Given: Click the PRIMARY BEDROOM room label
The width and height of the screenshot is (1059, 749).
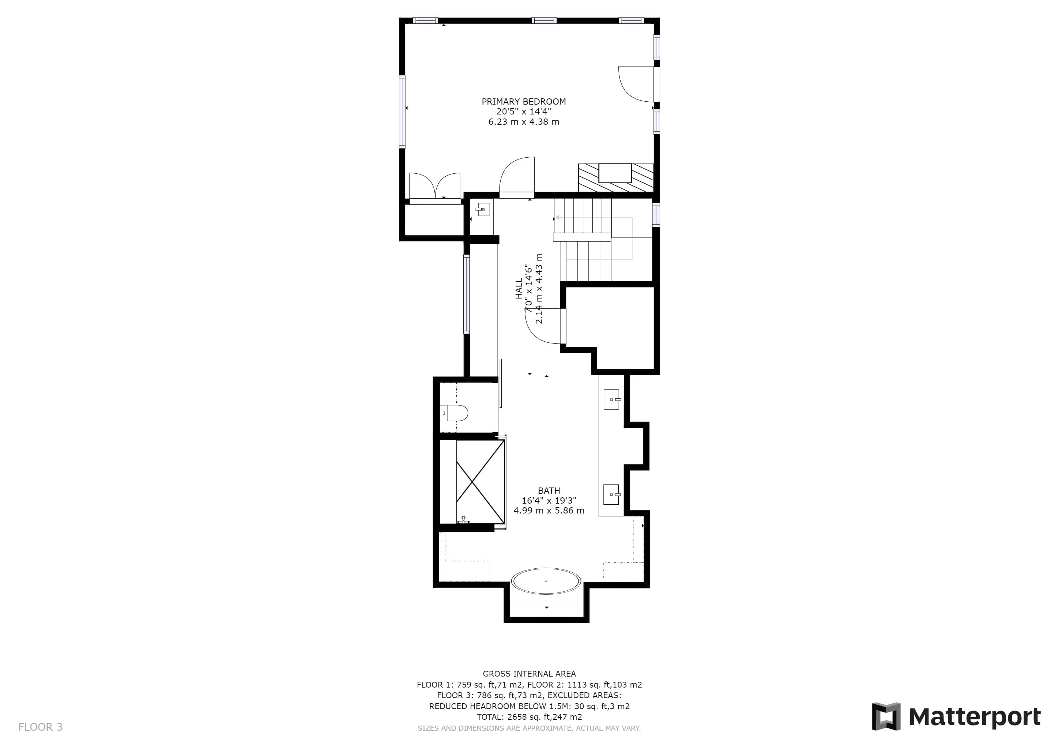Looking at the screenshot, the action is click(x=524, y=101).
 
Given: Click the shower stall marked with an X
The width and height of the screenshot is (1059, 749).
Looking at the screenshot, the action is click(x=480, y=482).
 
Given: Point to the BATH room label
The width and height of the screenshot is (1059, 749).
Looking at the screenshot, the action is click(x=549, y=491).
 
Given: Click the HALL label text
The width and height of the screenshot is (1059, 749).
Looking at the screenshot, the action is click(x=519, y=288).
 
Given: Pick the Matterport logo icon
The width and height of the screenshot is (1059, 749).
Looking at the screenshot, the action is click(x=886, y=716).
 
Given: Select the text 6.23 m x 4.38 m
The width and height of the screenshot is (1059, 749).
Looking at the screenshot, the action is click(x=524, y=122).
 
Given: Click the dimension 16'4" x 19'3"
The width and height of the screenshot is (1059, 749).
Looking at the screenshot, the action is click(x=549, y=500).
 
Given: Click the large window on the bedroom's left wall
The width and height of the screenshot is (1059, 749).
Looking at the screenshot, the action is click(x=402, y=112).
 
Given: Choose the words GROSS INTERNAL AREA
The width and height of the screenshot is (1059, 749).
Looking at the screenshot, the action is click(x=529, y=674).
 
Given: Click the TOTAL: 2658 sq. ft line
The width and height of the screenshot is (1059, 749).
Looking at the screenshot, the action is click(x=529, y=717).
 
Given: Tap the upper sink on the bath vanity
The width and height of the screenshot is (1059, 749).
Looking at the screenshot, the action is click(x=612, y=399).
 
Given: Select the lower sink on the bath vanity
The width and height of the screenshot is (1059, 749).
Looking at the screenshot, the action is click(x=612, y=494).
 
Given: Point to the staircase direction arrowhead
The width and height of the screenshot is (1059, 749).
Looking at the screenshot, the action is click(x=557, y=217).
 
